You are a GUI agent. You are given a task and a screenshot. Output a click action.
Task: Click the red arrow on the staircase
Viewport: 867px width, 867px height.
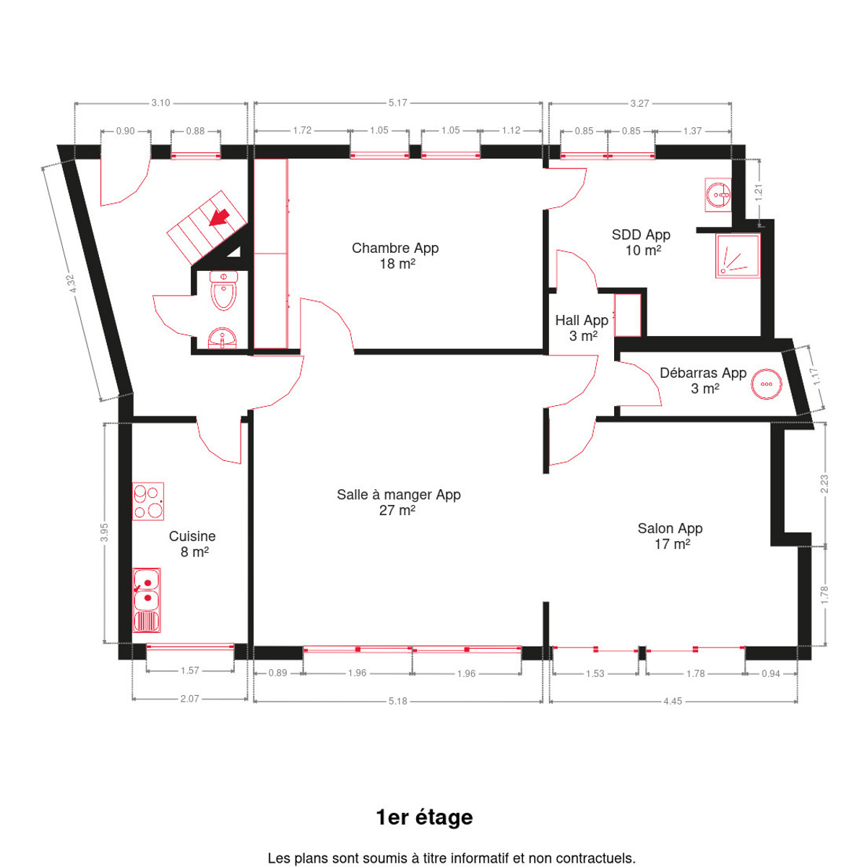tap(220, 217)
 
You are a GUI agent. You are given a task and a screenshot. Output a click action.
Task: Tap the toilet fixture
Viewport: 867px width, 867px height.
tap(223, 290)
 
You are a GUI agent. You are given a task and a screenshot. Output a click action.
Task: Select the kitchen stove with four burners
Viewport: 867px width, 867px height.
tap(147, 501)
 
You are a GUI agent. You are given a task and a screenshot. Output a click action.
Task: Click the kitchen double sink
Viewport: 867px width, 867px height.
tap(147, 600)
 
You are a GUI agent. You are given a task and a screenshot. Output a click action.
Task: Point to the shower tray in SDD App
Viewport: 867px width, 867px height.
tap(738, 256)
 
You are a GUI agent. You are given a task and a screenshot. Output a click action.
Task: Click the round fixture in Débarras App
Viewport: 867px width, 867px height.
tap(767, 384)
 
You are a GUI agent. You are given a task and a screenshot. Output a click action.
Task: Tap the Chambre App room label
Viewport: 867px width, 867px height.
tap(395, 256)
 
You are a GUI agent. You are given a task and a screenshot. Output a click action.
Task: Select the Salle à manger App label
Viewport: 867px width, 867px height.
tap(399, 502)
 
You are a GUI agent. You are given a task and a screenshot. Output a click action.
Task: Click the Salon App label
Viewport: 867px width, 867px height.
tap(670, 536)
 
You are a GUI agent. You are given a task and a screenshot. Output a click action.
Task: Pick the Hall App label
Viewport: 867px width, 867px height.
tap(582, 328)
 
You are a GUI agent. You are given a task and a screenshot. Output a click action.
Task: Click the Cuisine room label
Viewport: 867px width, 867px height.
tap(193, 544)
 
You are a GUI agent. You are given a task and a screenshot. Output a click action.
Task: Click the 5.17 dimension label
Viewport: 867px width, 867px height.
tap(397, 103)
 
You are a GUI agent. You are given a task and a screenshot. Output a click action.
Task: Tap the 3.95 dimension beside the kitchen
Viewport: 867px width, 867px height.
tap(104, 532)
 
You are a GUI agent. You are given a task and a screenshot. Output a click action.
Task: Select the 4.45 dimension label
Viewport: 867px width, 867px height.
tap(673, 701)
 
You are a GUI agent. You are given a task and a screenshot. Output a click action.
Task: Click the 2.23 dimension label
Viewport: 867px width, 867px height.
tap(824, 483)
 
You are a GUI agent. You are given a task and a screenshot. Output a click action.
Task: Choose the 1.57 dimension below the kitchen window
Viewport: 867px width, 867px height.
tap(190, 670)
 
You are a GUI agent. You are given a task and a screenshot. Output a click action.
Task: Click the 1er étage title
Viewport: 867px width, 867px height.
tap(425, 817)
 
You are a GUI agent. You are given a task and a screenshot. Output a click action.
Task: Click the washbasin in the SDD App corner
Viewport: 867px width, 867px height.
tap(718, 195)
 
